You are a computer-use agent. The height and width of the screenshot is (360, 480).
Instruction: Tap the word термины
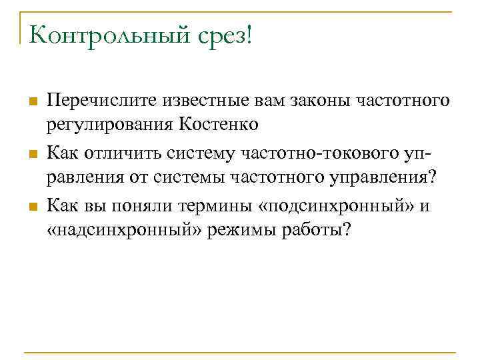click(x=214, y=207)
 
